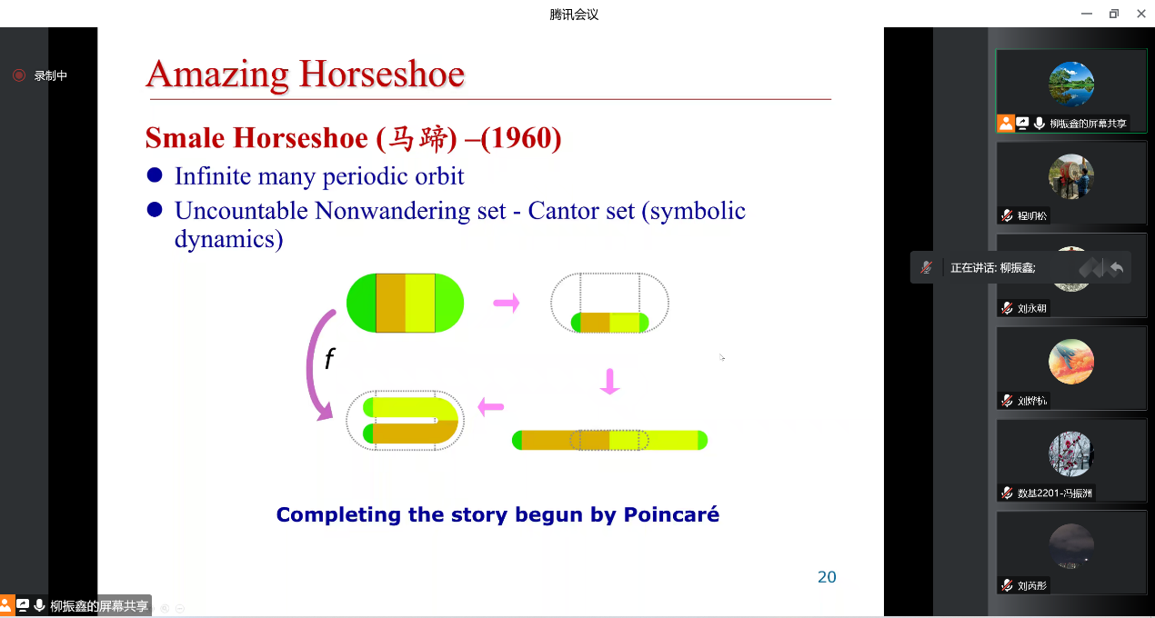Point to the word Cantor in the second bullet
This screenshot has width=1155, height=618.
(x=560, y=211)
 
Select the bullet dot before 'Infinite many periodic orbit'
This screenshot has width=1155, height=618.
(x=155, y=175)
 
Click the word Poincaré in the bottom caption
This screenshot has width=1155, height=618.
(x=671, y=514)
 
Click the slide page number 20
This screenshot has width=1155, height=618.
(x=827, y=577)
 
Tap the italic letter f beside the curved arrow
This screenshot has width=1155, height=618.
(x=329, y=358)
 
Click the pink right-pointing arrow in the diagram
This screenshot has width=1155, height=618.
(x=507, y=303)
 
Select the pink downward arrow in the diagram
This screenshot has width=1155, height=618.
(x=610, y=382)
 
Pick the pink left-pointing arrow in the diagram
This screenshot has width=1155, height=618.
(x=491, y=406)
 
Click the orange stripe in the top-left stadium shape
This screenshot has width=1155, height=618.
(x=390, y=303)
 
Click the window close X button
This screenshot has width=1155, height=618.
(x=1141, y=14)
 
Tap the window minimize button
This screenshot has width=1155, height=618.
(x=1087, y=14)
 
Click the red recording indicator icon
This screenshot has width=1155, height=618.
(x=19, y=75)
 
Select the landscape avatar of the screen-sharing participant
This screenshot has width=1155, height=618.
(x=1071, y=84)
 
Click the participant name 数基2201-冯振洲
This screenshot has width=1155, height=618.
(x=1054, y=493)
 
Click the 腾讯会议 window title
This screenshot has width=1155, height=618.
(x=574, y=15)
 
